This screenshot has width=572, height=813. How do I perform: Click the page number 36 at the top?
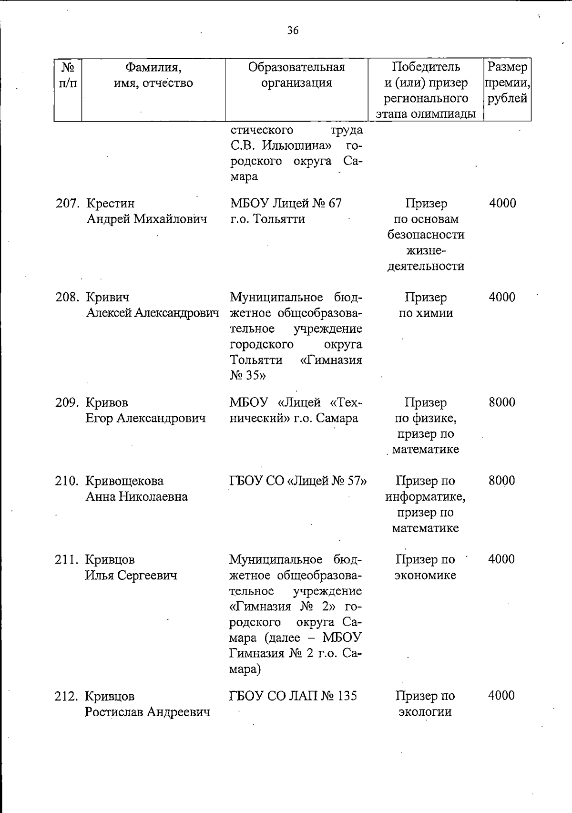click(x=293, y=31)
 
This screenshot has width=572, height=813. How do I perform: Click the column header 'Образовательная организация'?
click(x=296, y=75)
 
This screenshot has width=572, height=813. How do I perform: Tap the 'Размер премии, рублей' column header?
click(x=507, y=82)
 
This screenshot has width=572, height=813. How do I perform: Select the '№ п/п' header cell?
click(x=68, y=75)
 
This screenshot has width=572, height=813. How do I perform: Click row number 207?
click(x=67, y=204)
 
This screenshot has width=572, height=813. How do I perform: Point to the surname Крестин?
click(x=110, y=204)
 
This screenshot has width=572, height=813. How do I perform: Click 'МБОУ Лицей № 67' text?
click(x=286, y=204)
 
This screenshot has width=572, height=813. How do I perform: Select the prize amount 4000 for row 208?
click(x=502, y=298)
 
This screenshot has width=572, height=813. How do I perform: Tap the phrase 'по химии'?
click(x=426, y=313)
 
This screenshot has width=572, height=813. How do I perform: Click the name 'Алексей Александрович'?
click(x=153, y=313)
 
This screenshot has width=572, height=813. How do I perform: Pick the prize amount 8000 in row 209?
click(x=502, y=402)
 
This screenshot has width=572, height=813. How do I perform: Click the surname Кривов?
click(x=107, y=402)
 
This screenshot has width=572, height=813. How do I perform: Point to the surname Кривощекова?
click(x=124, y=481)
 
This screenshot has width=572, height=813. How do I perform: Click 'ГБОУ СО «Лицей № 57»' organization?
click(x=298, y=481)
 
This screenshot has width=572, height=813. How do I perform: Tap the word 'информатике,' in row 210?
click(x=425, y=496)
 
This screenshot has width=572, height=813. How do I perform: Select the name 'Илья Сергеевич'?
click(x=131, y=575)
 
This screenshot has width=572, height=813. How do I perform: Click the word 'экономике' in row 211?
click(x=425, y=575)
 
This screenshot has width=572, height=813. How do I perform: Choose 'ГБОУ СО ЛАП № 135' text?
click(x=293, y=696)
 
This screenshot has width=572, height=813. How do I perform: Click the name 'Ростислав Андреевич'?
click(x=148, y=712)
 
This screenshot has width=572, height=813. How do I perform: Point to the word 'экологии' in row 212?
click(x=425, y=712)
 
